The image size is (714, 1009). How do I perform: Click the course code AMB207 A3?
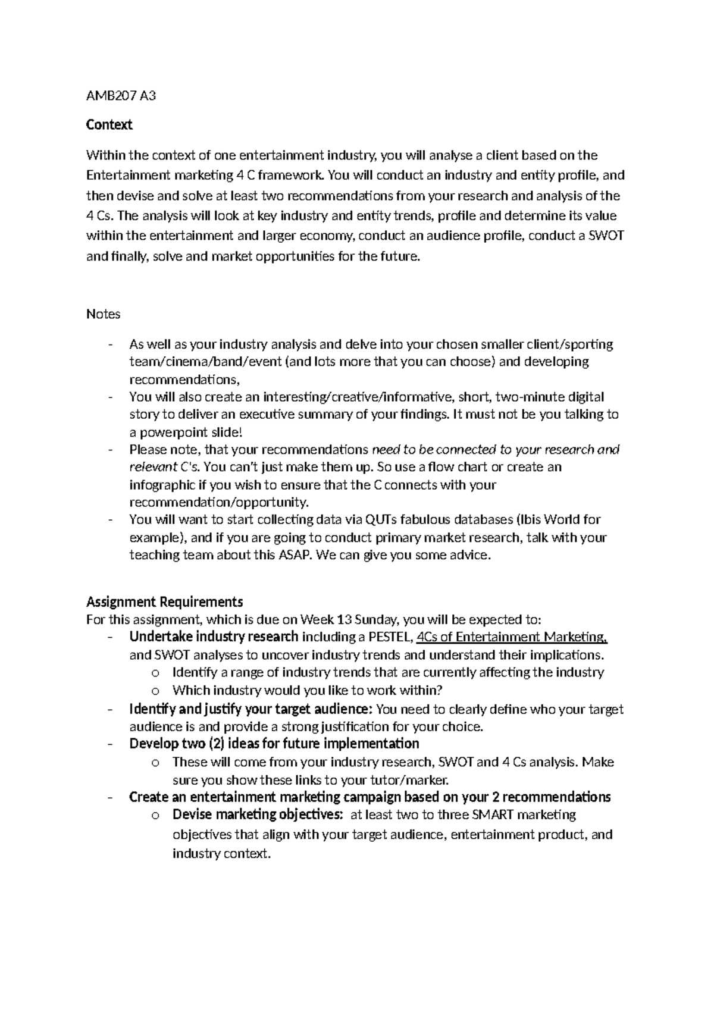121,95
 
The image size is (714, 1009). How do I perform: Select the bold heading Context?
109,125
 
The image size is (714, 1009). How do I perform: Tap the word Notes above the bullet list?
103,314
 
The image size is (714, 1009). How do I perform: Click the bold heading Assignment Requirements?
164,601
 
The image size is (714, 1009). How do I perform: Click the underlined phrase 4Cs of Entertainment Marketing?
512,637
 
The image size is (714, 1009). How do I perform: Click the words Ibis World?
550,520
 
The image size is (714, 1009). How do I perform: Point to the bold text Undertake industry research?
214,637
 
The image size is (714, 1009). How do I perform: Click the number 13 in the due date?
345,620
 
